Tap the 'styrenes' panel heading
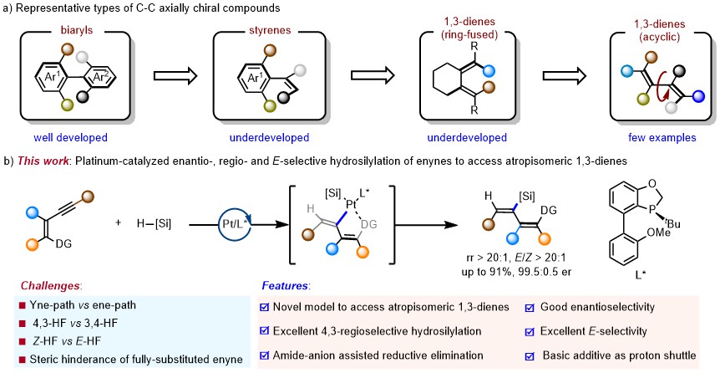(269, 30)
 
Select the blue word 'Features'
(285, 286)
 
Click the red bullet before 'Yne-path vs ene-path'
(21, 305)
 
